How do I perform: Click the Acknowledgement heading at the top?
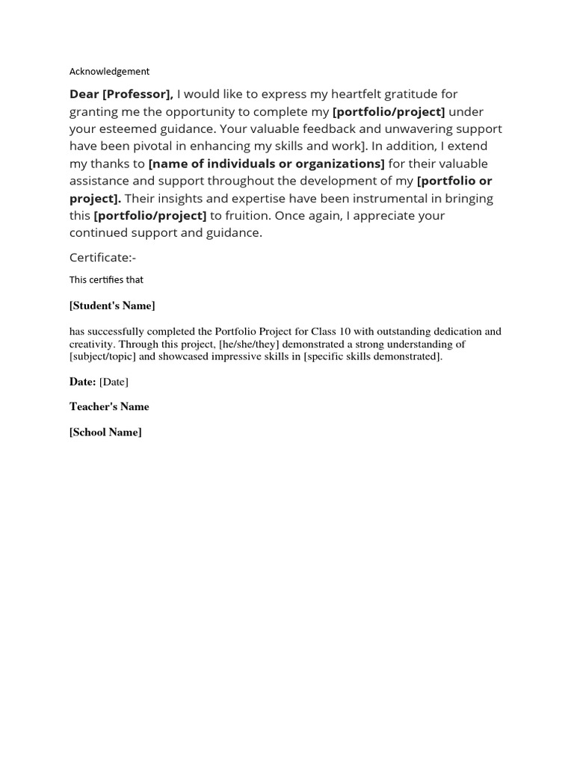109,72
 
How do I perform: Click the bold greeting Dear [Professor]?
121,94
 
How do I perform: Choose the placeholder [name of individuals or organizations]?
267,164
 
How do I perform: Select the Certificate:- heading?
102,258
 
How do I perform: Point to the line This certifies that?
106,280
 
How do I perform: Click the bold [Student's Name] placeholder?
112,306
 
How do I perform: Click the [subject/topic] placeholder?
101,356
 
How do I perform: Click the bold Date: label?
82,382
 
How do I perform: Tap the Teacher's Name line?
109,407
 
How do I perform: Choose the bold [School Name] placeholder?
105,433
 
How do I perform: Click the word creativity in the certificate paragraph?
91,344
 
